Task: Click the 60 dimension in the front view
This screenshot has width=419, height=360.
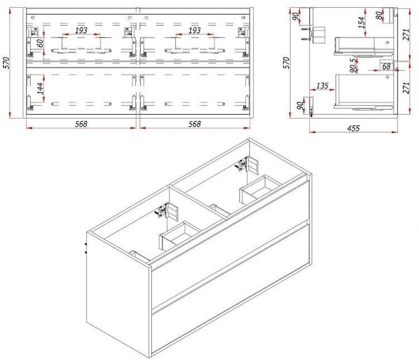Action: point(40,43)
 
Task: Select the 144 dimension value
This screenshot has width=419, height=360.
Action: point(40,88)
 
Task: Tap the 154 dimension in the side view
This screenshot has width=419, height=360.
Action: point(361,23)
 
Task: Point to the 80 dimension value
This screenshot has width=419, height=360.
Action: point(379,16)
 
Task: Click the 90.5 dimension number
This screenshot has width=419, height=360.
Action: point(353,65)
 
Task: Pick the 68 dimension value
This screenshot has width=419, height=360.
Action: point(386,67)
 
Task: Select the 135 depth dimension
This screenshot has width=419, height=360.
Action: point(322,86)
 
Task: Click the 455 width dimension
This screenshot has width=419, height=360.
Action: point(353,128)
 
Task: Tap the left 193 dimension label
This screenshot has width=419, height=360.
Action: point(81,30)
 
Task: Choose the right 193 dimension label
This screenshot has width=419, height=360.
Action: point(194,30)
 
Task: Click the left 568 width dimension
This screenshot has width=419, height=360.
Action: point(81,124)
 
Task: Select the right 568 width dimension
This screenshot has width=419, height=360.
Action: point(194,124)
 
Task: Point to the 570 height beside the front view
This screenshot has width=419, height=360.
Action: point(6,63)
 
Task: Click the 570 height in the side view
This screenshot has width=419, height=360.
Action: point(286,63)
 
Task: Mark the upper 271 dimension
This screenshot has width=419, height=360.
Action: point(406,35)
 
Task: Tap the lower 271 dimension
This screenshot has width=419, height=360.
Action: point(406,88)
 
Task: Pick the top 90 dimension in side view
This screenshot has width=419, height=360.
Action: point(296,17)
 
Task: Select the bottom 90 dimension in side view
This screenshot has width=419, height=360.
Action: point(301,106)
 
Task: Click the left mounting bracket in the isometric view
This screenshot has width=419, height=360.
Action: point(166,211)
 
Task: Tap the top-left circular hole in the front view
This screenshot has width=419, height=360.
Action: point(33,17)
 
